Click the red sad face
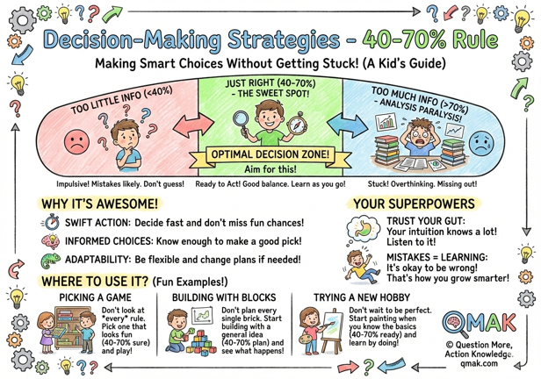[x=76, y=141]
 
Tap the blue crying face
[x=481, y=143]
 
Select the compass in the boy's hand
[x=296, y=124]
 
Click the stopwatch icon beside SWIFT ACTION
[x=51, y=222]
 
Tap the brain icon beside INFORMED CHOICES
[x=51, y=241]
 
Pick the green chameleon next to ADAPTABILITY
[x=50, y=261]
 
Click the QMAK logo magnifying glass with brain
[x=456, y=324]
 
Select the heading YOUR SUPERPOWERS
[x=414, y=204]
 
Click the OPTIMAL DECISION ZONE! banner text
[x=270, y=154]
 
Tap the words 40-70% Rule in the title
[x=430, y=40]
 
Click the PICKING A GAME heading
[x=95, y=297]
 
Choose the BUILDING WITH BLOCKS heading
[x=224, y=297]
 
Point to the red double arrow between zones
[x=193, y=125]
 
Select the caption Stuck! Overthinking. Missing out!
[x=422, y=184]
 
